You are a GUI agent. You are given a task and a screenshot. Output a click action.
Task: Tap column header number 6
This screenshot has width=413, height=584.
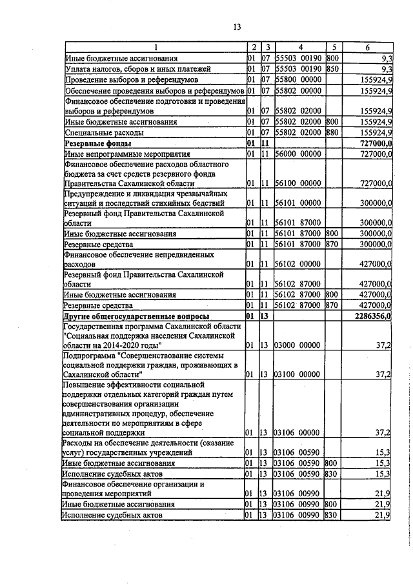[367, 48]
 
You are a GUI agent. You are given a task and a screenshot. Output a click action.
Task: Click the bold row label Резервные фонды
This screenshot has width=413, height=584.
[97, 143]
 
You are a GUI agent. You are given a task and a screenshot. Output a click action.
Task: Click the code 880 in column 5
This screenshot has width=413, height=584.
[333, 132]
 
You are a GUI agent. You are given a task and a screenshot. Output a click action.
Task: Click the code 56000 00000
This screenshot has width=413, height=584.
[298, 154]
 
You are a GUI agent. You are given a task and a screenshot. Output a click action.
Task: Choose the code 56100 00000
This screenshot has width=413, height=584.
[298, 183]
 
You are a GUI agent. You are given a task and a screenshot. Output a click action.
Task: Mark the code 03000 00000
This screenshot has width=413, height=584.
[298, 346]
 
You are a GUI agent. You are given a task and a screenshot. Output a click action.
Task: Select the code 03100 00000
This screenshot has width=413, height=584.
[298, 374]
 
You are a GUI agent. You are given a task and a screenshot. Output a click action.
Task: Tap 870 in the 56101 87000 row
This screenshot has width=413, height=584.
[333, 245]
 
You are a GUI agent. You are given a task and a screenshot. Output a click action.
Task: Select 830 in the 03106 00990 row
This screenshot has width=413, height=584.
[333, 515]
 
